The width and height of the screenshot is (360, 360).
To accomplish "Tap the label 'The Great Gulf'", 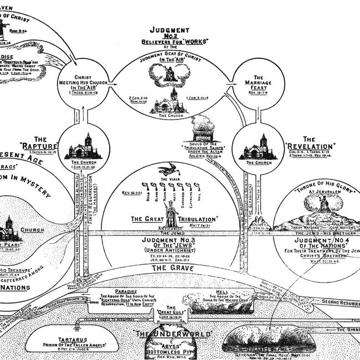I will point(172,311).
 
